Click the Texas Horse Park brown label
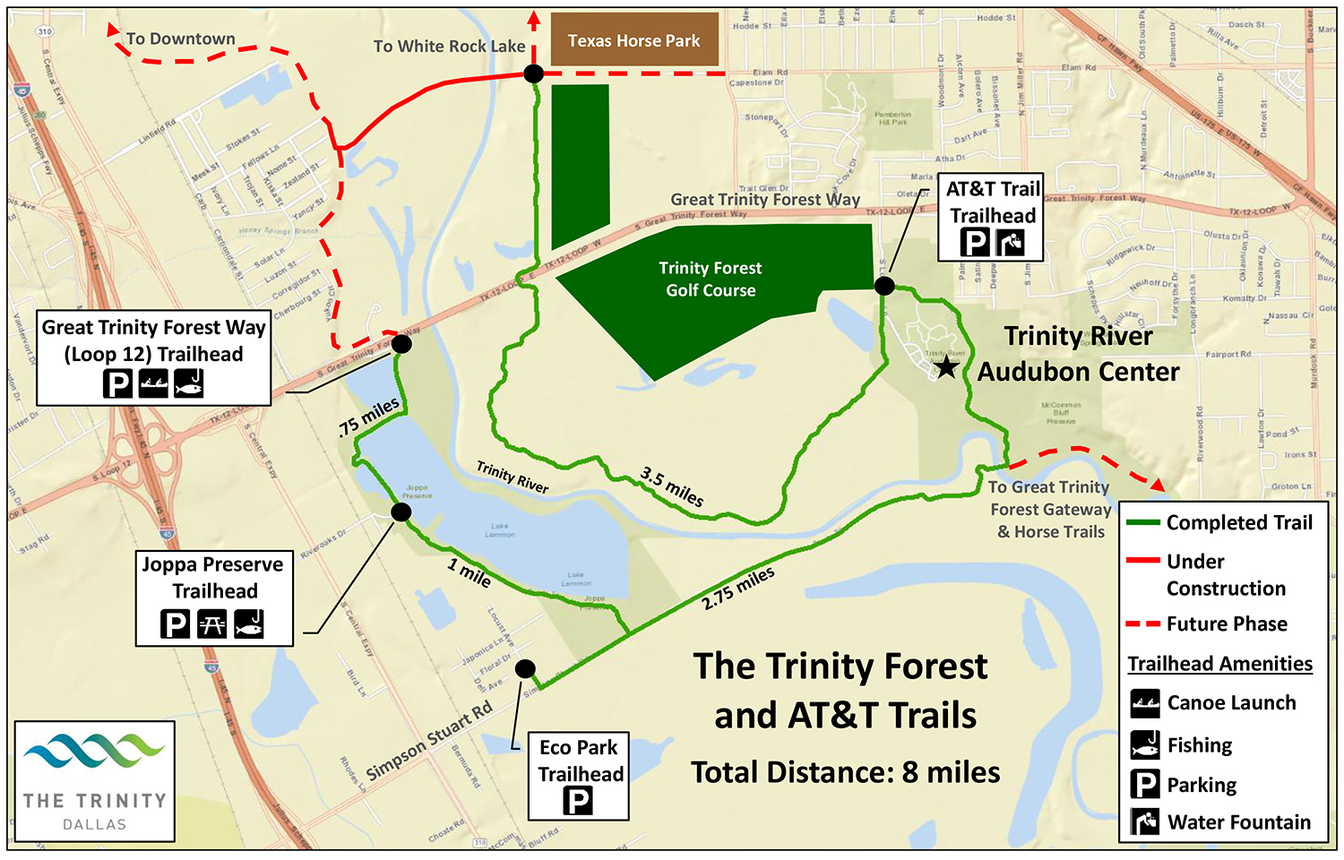pos(633,40)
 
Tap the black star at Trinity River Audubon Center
pos(946,366)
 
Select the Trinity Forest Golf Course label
pos(711,279)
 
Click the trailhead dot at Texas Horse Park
pos(533,73)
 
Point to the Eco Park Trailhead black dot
pos(526,669)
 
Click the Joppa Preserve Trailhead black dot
pos(401,512)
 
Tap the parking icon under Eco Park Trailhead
pos(578,800)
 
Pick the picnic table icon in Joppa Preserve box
pos(211,623)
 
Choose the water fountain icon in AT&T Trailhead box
pos(1011,242)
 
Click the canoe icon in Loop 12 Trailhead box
pos(154,383)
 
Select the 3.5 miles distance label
pos(672,486)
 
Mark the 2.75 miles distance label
pos(738,589)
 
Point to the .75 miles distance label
pos(368,417)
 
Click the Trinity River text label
pos(512,477)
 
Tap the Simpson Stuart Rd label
pos(430,740)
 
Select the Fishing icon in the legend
pos(1145,745)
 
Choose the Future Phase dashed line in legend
pos(1142,623)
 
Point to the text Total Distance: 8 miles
pos(845,772)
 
